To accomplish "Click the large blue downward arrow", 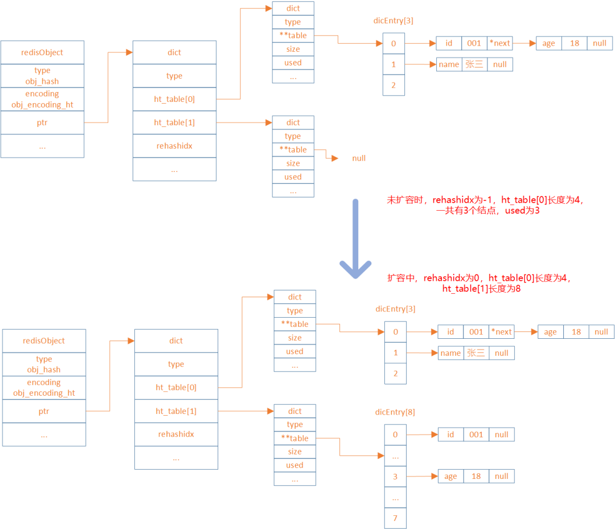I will click(355, 239).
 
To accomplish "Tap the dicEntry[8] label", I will click(395, 412).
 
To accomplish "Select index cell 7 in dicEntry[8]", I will click(395, 519).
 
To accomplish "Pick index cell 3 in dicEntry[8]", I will click(395, 477).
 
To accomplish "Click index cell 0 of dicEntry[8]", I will click(395, 434).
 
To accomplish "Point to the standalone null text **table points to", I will click(359, 158).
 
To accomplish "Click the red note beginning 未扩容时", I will click(486, 206).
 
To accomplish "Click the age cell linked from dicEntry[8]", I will click(450, 477).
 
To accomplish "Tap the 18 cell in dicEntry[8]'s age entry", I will click(476, 477).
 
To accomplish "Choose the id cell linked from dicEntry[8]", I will click(450, 434).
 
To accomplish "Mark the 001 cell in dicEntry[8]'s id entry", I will click(476, 434).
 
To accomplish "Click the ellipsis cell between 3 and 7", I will click(395, 498).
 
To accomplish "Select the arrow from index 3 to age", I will click(422, 476).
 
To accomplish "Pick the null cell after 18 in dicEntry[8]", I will click(502, 477).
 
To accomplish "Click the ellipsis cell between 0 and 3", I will click(395, 456).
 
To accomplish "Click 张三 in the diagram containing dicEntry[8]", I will click(475, 353).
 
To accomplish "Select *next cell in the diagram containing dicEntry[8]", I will click(502, 332).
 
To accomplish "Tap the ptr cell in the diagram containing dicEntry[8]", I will click(44, 411).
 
